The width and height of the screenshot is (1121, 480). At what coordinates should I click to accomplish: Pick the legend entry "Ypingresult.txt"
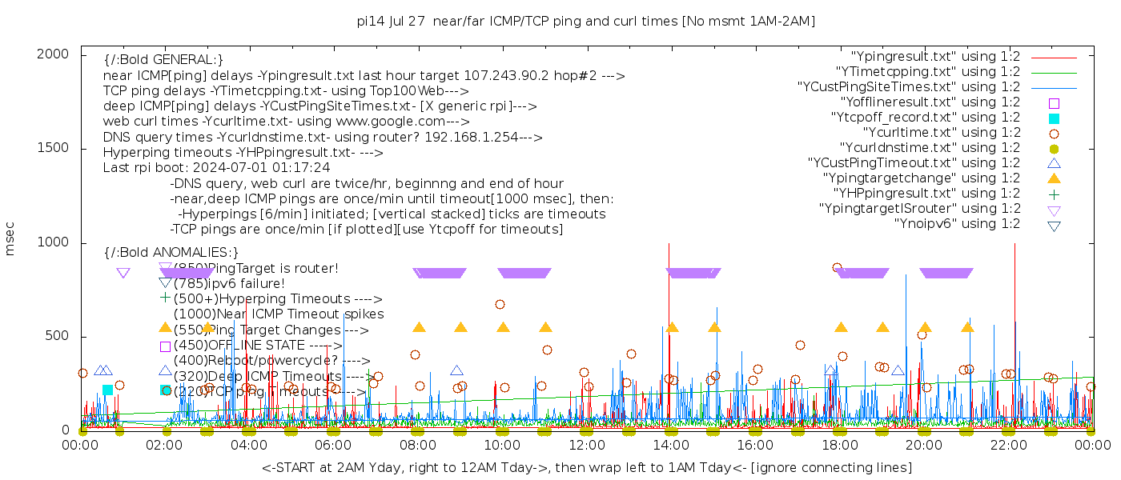pos(935,57)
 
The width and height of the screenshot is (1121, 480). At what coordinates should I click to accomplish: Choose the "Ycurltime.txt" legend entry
pos(941,133)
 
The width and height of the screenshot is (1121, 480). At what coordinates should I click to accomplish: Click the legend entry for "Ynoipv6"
pos(957,224)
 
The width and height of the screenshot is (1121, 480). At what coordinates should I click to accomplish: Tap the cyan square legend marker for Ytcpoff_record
pos(1054,118)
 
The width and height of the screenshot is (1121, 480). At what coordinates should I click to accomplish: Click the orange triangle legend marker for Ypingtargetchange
pos(1054,178)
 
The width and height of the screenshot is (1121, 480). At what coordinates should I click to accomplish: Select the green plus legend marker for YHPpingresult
pos(1054,194)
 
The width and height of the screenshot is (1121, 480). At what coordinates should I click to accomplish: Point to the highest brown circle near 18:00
pos(837,268)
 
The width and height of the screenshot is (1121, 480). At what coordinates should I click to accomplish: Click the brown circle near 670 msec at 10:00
pos(500,304)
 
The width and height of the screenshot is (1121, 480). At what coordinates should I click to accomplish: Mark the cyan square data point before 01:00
pos(107,390)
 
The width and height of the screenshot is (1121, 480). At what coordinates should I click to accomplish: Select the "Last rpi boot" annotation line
pos(216,168)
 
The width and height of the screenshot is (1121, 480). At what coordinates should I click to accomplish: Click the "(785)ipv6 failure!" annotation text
pos(229,283)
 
